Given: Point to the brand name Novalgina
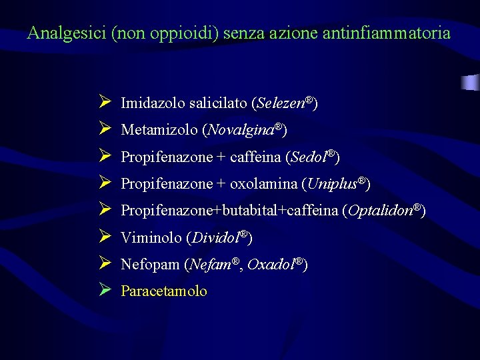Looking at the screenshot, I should point(241,130).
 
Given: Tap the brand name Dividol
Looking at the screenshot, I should point(216,237).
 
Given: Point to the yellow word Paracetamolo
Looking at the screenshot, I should point(164,291).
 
